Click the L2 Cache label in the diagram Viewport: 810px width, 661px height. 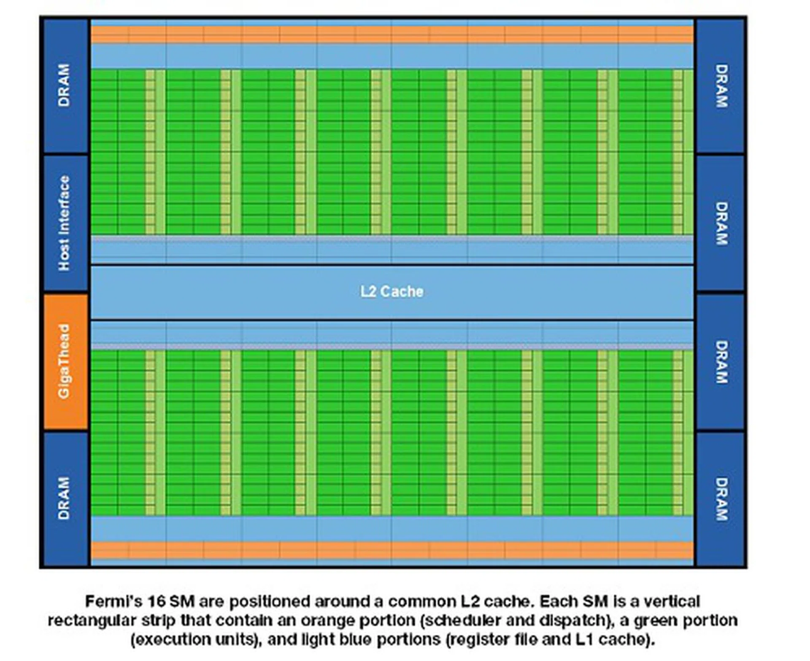[391, 292]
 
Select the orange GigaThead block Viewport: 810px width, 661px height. [65, 361]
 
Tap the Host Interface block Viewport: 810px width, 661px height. [65, 223]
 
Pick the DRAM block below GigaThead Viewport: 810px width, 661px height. [65, 498]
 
